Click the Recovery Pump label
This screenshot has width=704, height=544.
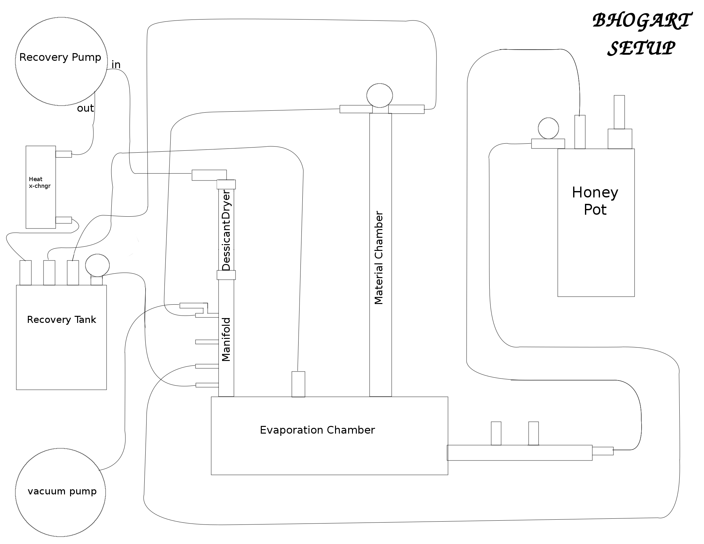(x=60, y=57)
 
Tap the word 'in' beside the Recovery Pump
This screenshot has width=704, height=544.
(x=116, y=65)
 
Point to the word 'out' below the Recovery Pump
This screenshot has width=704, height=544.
(x=85, y=108)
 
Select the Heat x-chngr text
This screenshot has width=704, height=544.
(x=40, y=182)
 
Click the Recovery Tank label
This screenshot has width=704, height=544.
(x=61, y=320)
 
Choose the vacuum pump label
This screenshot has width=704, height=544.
(x=62, y=492)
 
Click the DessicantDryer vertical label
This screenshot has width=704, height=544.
(x=226, y=231)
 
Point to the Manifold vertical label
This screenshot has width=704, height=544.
(x=226, y=339)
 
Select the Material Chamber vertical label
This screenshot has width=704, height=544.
(x=379, y=258)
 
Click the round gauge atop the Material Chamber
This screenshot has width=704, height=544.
(x=380, y=95)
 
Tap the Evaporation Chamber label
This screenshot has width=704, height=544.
(x=317, y=430)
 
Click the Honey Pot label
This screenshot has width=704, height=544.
(x=596, y=201)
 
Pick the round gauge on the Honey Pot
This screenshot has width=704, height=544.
(x=548, y=128)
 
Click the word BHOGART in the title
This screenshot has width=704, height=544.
(x=642, y=21)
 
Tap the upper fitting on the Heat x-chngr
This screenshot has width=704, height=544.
(x=63, y=154)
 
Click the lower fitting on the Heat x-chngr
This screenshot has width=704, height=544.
(x=63, y=220)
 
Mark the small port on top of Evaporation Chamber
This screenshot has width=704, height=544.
(x=298, y=384)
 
